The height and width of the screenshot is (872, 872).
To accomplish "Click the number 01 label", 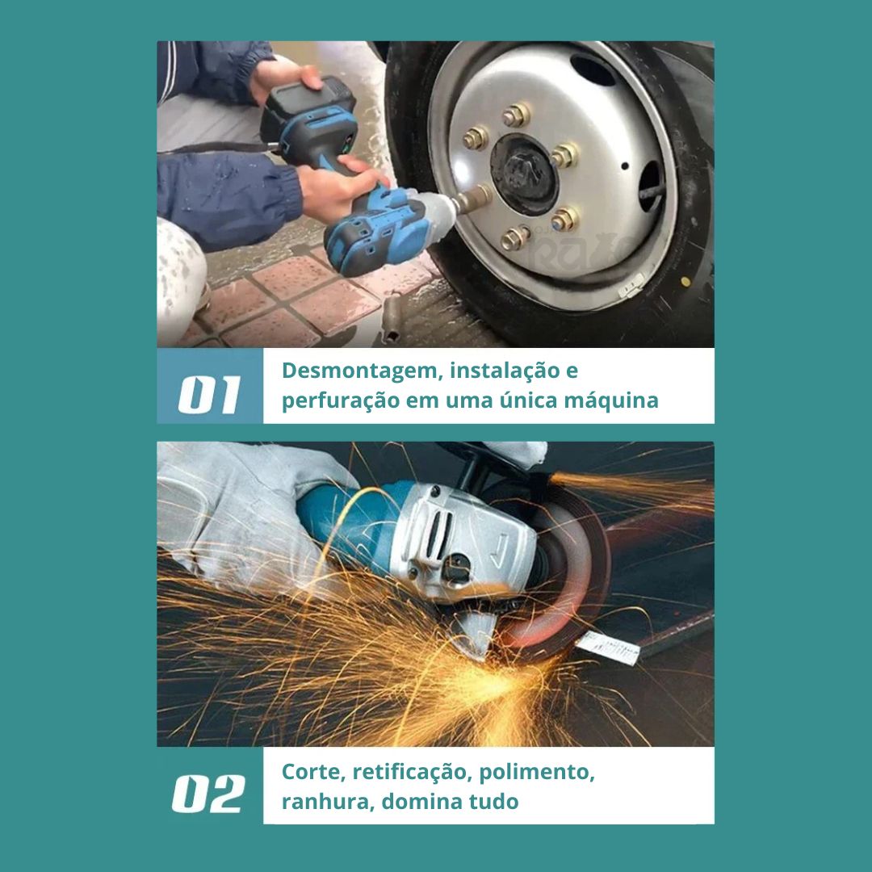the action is click(x=209, y=394).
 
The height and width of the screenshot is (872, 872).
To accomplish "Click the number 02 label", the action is click(x=208, y=794).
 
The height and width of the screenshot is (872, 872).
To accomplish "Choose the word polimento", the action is click(x=537, y=773).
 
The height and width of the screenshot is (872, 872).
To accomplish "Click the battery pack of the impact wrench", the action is click(x=308, y=111).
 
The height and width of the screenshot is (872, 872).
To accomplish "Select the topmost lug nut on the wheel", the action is click(x=517, y=115).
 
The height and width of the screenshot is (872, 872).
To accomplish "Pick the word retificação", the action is click(x=412, y=773).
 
